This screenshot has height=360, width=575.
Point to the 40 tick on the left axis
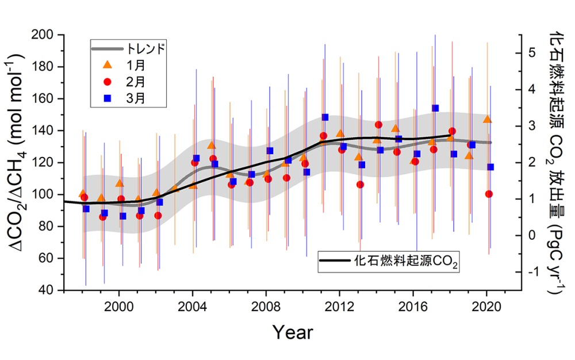(47, 290)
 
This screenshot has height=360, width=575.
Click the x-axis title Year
(293, 332)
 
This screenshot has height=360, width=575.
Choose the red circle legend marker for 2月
(106, 82)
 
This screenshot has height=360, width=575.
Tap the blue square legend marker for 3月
(106, 98)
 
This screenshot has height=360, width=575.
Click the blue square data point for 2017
(435, 108)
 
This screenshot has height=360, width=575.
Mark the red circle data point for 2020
(489, 194)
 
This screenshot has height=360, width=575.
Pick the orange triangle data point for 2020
(487, 119)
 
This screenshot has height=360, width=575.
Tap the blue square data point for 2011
(325, 117)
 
